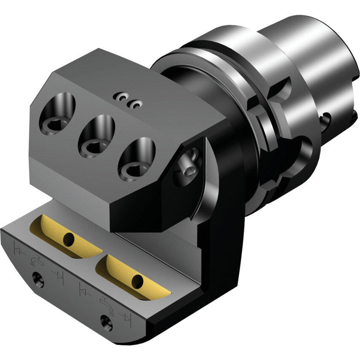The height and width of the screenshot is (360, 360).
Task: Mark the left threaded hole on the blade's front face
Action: point(39,279)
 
